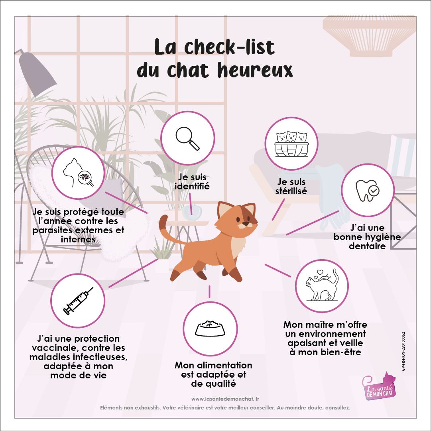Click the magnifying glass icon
(187, 138)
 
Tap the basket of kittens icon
(291, 144)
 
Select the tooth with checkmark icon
(368, 190)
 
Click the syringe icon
(78, 301)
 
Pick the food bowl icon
(210, 328)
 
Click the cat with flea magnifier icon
(78, 173)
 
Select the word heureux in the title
(255, 70)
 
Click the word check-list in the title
(229, 47)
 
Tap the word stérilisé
(291, 191)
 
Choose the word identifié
(192, 186)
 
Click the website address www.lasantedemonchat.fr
(225, 399)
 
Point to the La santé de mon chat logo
(379, 386)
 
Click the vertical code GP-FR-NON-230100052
(403, 351)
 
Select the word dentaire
(367, 246)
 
